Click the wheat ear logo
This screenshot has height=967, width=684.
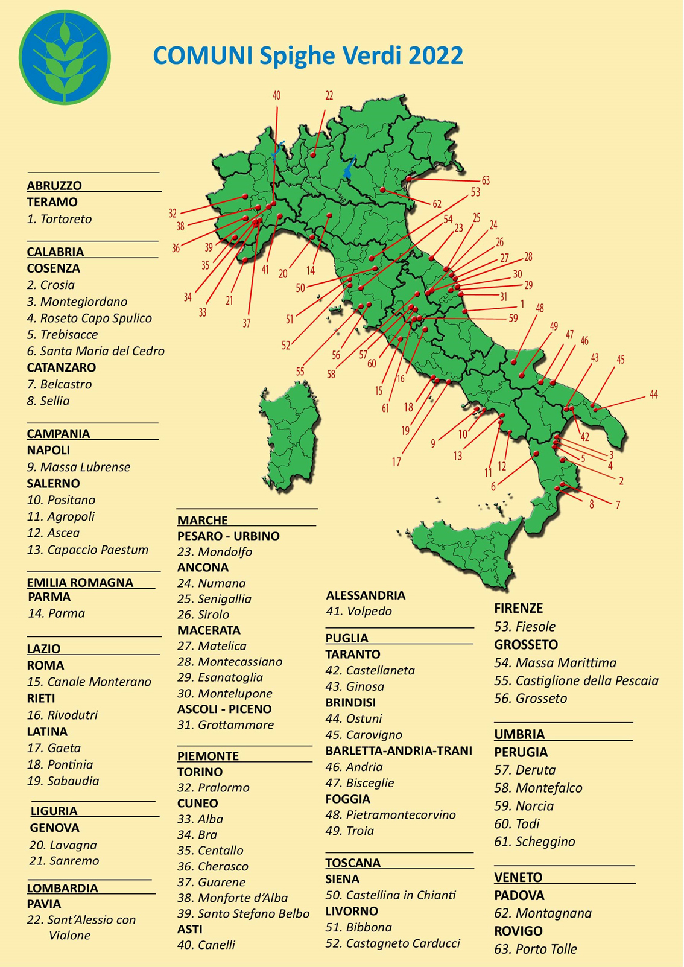pyautogui.click(x=65, y=57)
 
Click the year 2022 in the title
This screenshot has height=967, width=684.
pyautogui.click(x=435, y=55)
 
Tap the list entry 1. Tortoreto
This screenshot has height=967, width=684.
pyautogui.click(x=60, y=219)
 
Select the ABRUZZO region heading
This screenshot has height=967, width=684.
pyautogui.click(x=54, y=186)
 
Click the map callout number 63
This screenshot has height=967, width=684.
pyautogui.click(x=486, y=180)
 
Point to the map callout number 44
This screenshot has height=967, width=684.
pyautogui.click(x=654, y=395)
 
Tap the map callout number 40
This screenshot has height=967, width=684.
pyautogui.click(x=276, y=95)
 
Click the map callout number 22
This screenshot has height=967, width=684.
pyautogui.click(x=329, y=95)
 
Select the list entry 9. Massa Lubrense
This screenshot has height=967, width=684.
pyautogui.click(x=78, y=467)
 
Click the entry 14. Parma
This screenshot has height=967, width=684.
pyautogui.click(x=57, y=613)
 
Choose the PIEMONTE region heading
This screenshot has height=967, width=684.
pyautogui.click(x=208, y=756)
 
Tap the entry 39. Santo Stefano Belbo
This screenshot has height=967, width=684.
pyautogui.click(x=243, y=913)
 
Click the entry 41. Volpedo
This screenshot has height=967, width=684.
pyautogui.click(x=359, y=611)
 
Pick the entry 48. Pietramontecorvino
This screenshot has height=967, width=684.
pyautogui.click(x=390, y=815)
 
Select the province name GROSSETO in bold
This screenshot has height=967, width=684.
pyautogui.click(x=526, y=645)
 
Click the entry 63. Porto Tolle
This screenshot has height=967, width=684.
pyautogui.click(x=536, y=949)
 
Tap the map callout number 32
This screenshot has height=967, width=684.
pyautogui.click(x=173, y=214)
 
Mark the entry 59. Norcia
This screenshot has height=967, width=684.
pyautogui.click(x=524, y=806)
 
